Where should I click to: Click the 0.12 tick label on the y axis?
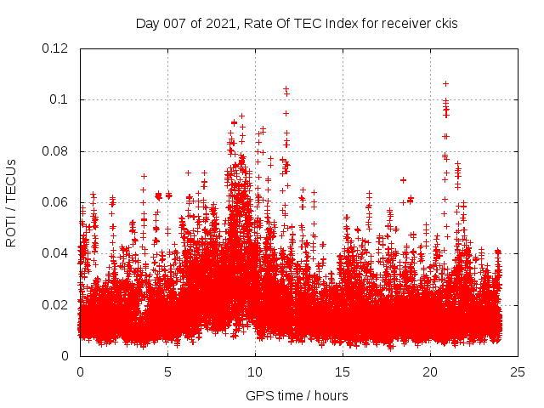click(56, 48)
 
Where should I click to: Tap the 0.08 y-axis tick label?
click(56, 151)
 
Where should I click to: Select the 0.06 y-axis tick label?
click(56, 202)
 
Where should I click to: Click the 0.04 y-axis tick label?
click(56, 253)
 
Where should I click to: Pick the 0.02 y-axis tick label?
click(56, 304)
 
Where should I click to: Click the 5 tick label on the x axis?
click(167, 371)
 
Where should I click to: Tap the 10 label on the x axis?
click(255, 371)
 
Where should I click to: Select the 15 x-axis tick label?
click(343, 371)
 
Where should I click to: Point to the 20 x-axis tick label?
click(430, 371)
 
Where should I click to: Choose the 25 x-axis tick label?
click(518, 371)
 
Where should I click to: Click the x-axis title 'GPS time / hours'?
click(297, 395)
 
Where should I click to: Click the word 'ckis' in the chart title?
click(445, 23)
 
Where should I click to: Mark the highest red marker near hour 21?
click(445, 84)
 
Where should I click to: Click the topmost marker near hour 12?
click(286, 88)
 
